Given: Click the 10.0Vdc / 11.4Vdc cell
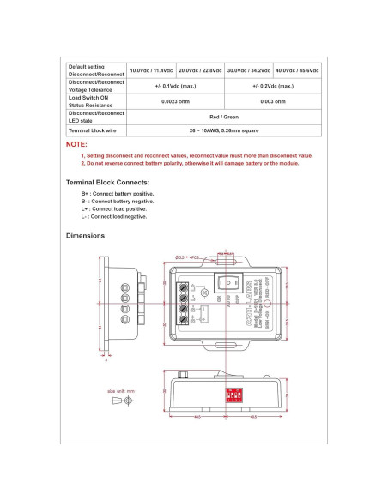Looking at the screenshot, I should click(151, 70).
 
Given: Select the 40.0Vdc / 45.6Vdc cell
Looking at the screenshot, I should click(298, 70).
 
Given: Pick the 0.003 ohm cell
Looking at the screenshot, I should click(273, 101).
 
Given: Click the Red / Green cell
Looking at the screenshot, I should click(224, 116).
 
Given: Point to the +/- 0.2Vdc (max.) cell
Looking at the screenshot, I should click(273, 86).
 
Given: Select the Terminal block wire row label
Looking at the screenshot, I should click(92, 130).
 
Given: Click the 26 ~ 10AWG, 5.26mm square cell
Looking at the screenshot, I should click(224, 130).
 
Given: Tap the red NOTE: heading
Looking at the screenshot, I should click(76, 145).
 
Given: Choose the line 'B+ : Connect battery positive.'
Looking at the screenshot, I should click(118, 194).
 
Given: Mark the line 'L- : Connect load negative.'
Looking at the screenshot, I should click(114, 216).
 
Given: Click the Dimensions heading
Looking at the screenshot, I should click(85, 235).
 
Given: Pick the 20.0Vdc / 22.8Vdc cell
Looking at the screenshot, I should click(200, 70).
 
